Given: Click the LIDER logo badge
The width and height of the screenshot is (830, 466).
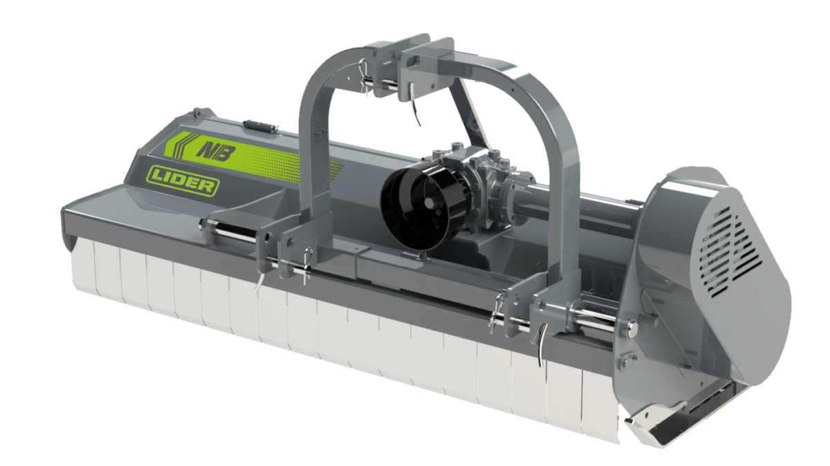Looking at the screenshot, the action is click(183, 180).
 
